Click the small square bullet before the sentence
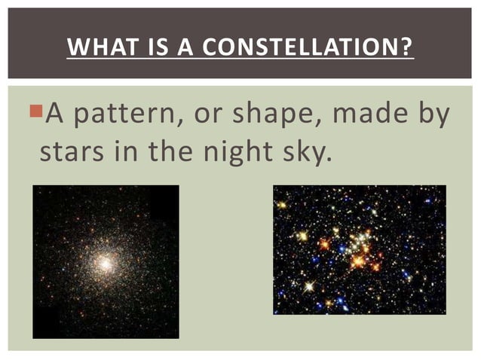[x=39, y=112]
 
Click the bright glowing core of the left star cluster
[x=106, y=264]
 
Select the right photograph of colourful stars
[x=359, y=249]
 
